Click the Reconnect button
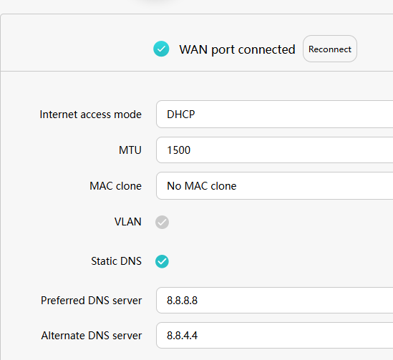(x=330, y=49)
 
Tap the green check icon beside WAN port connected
(x=161, y=49)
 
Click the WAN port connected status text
(x=237, y=49)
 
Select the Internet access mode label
(x=90, y=115)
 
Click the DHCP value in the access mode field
(x=180, y=115)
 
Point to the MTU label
(x=130, y=150)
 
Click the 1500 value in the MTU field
(x=179, y=150)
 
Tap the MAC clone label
(x=115, y=186)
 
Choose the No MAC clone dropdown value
(x=202, y=186)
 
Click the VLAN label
(x=128, y=222)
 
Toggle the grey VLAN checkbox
(x=162, y=222)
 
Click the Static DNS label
(x=116, y=261)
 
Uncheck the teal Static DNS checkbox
(x=162, y=261)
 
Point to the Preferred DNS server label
(x=91, y=301)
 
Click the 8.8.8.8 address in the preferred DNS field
(x=183, y=301)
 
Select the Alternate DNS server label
(x=92, y=336)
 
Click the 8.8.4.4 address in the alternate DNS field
(x=183, y=336)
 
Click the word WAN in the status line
(x=193, y=49)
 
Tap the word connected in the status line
(x=267, y=49)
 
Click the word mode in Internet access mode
(x=128, y=115)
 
